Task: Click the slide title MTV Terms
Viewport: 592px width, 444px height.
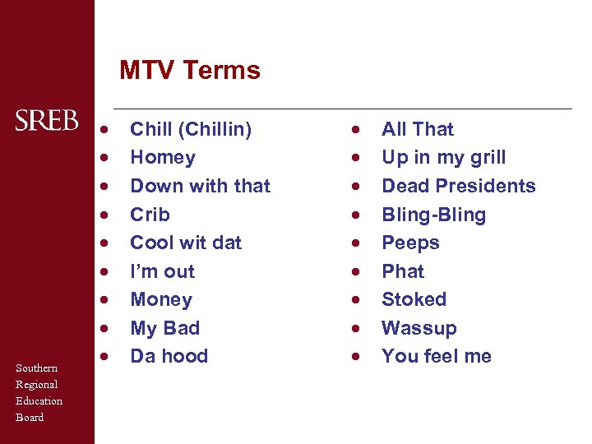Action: (x=190, y=71)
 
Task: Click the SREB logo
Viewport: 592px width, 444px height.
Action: (x=47, y=120)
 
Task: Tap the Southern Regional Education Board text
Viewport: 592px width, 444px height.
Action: (x=39, y=392)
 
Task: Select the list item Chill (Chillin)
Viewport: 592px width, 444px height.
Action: (x=191, y=129)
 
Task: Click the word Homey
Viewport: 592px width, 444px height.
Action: (x=163, y=158)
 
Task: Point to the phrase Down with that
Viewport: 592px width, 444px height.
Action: (x=200, y=186)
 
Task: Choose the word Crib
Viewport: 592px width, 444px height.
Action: (x=150, y=215)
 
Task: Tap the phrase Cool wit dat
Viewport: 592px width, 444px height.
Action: (x=186, y=243)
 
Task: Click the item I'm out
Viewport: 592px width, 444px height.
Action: (x=163, y=271)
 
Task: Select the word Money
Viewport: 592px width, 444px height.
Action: (x=161, y=299)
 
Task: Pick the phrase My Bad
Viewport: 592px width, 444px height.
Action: (x=165, y=328)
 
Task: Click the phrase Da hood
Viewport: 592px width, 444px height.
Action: (x=169, y=356)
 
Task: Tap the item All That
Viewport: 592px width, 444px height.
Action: (x=418, y=129)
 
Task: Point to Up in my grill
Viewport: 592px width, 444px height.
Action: (x=444, y=158)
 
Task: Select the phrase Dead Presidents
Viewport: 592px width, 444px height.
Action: (x=459, y=186)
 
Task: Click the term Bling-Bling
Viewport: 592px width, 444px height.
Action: (x=434, y=215)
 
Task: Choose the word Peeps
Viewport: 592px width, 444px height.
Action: (x=411, y=243)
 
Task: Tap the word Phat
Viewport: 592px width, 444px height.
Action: (x=403, y=271)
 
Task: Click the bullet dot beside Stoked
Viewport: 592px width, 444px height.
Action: (x=355, y=300)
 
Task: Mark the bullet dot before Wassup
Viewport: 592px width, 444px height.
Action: (x=355, y=329)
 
